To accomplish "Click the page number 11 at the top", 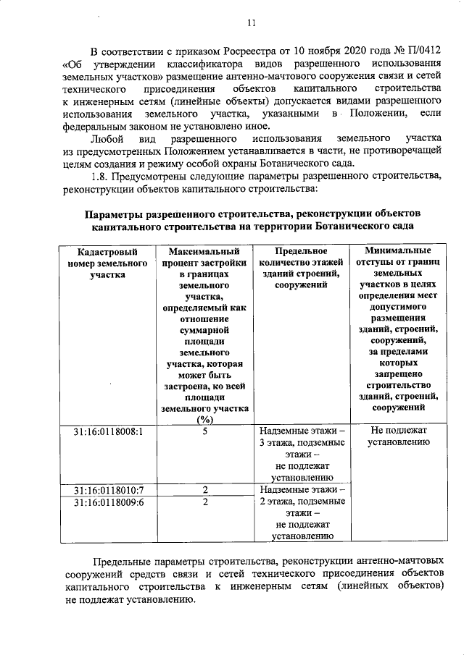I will tap(251, 22).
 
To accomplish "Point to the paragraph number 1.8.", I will tap(102, 177).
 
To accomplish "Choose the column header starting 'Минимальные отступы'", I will tap(397, 326).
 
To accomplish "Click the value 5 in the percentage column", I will tap(205, 431).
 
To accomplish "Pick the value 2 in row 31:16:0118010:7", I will tap(205, 490).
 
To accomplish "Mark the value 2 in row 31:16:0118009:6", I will tap(205, 502).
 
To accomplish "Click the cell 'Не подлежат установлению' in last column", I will tap(397, 437).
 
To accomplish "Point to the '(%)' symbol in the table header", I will tap(205, 420).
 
